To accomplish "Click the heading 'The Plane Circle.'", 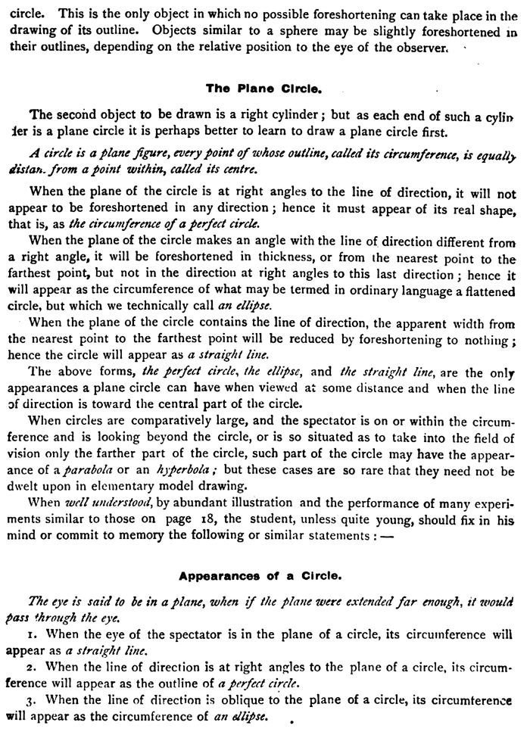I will click(264, 88).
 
